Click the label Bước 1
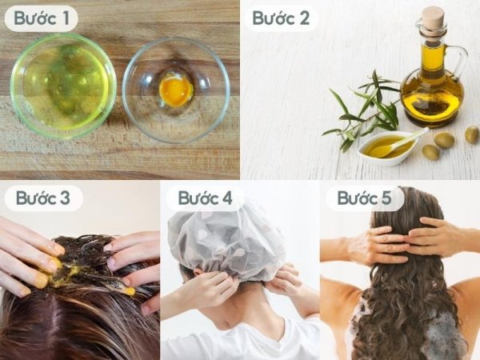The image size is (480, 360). point(42,18)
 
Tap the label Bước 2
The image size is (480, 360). point(281,18)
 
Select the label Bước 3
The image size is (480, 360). point(43,198)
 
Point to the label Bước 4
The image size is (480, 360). point(205,198)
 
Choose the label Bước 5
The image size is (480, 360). point(364,198)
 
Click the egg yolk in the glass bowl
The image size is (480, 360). point(176,90)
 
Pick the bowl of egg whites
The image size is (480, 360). point(63,86)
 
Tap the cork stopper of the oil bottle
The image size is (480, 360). point(434,18)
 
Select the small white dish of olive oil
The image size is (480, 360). point(388,148)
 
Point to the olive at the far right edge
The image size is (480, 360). point(472,134)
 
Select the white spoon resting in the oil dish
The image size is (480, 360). point(401,143)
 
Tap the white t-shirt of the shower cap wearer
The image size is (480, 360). point(242,340)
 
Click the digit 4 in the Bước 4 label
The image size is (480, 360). point(227,198)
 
